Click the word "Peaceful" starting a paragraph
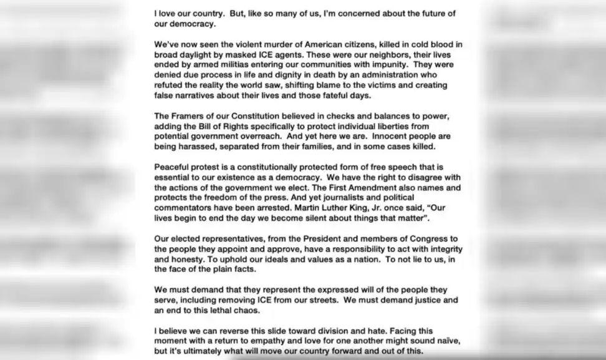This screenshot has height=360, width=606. click(x=173, y=167)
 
